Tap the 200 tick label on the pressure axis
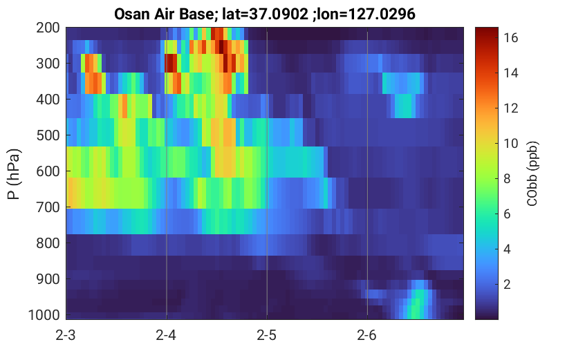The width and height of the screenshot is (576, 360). tap(48, 28)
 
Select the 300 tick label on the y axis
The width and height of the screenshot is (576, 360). tap(48, 64)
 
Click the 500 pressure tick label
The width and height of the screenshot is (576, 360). tap(48, 135)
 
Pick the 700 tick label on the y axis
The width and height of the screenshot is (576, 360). tap(48, 207)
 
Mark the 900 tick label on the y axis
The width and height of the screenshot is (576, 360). tap(48, 279)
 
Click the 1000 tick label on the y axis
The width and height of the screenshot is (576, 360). tap(44, 315)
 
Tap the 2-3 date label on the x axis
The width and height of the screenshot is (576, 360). tap(66, 335)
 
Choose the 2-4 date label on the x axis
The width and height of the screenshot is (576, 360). tap(166, 335)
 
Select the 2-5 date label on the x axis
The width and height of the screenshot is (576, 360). tap(267, 335)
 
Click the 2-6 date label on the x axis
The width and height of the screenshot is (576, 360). tap(367, 335)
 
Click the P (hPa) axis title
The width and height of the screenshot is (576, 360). tap(14, 174)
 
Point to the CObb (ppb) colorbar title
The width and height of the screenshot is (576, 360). tap(532, 173)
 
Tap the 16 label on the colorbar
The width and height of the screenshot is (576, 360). tap(510, 37)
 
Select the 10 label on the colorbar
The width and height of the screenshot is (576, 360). tap(510, 144)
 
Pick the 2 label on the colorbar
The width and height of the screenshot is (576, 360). tap(508, 285)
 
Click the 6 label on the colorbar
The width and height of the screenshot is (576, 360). tap(508, 214)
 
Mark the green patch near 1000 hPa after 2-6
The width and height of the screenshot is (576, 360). tap(416, 304)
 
